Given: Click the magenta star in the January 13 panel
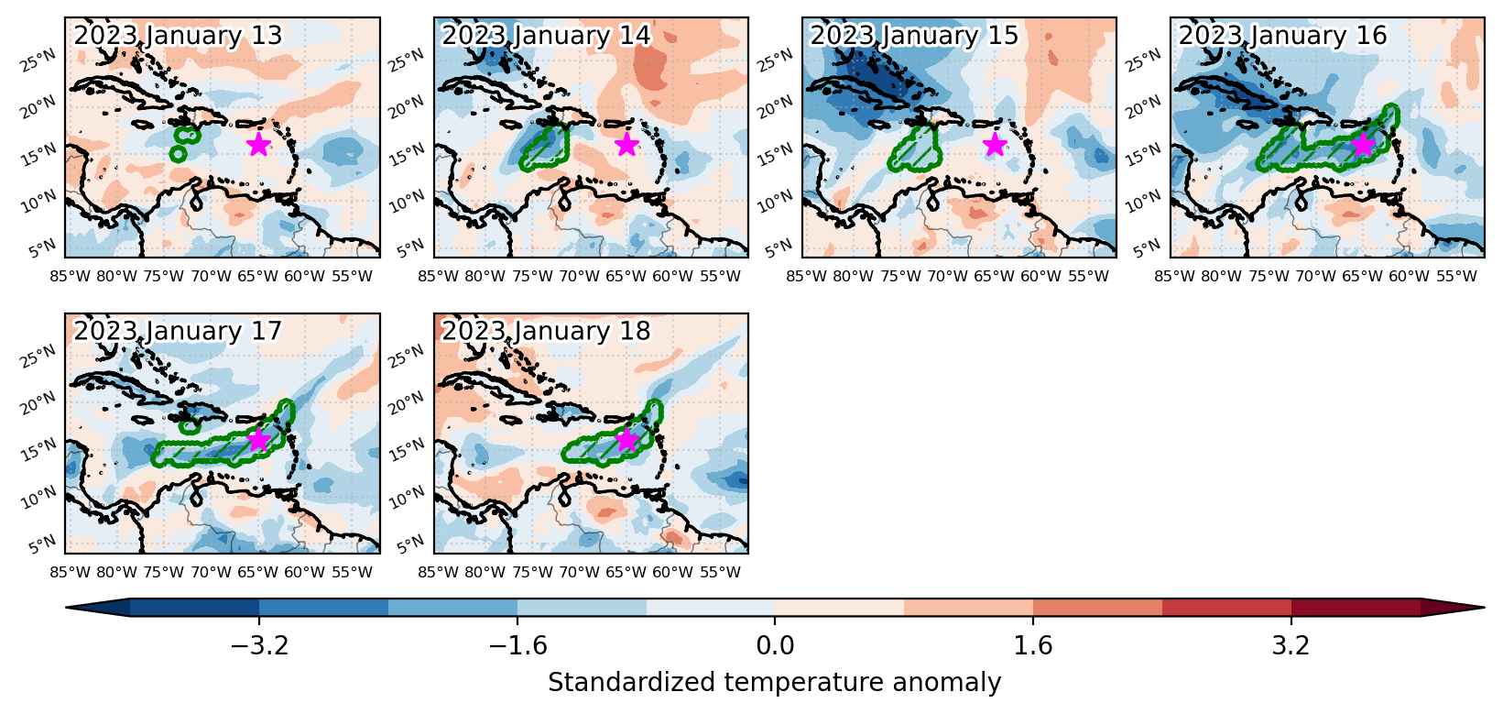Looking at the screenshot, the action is [x=258, y=144].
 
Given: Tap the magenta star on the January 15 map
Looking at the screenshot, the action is [x=995, y=144].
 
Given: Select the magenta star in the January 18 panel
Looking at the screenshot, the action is [x=626, y=439].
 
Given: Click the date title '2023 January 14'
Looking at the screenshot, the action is [x=546, y=35].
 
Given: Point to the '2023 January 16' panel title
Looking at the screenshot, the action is [x=1283, y=35].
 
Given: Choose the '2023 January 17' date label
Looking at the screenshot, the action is [x=178, y=331].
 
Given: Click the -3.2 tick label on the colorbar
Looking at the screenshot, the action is [x=259, y=645].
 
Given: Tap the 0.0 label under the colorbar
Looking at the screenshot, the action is [x=775, y=645].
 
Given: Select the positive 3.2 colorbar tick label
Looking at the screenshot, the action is [x=1291, y=645].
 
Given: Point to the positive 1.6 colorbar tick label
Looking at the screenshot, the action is [x=1032, y=645].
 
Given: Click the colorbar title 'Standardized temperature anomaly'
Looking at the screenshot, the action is [x=774, y=683].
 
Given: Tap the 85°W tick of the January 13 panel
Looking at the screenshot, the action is [x=70, y=276].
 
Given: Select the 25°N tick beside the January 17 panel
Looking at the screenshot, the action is [x=38, y=357].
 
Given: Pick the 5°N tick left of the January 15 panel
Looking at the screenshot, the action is [x=779, y=249].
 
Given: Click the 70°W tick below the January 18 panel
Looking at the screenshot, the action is [x=579, y=572].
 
